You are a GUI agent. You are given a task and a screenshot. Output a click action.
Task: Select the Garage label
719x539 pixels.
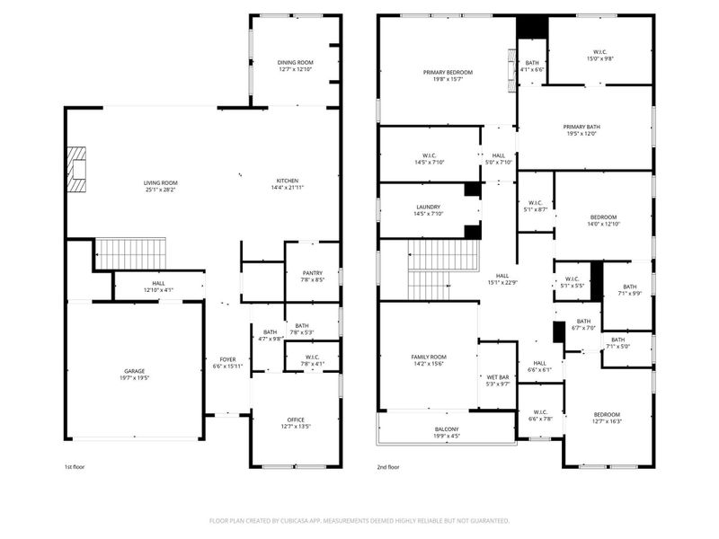(134, 371)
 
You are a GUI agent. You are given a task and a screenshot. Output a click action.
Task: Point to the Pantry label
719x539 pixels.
(312, 272)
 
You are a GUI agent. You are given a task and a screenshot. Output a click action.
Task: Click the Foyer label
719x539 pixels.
(227, 359)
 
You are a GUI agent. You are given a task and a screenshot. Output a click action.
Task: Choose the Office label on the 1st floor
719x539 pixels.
(295, 420)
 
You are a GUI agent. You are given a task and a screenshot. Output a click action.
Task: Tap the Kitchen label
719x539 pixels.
(287, 181)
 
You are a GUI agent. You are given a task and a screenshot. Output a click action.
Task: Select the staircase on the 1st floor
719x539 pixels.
(131, 253)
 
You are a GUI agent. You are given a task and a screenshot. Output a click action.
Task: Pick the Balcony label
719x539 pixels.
(446, 429)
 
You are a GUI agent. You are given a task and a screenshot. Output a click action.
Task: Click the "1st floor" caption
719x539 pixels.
(75, 467)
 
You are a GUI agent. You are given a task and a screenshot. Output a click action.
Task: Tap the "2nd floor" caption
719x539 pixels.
(388, 467)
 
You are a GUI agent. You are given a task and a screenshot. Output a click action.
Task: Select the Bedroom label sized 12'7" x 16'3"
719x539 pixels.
(608, 414)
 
